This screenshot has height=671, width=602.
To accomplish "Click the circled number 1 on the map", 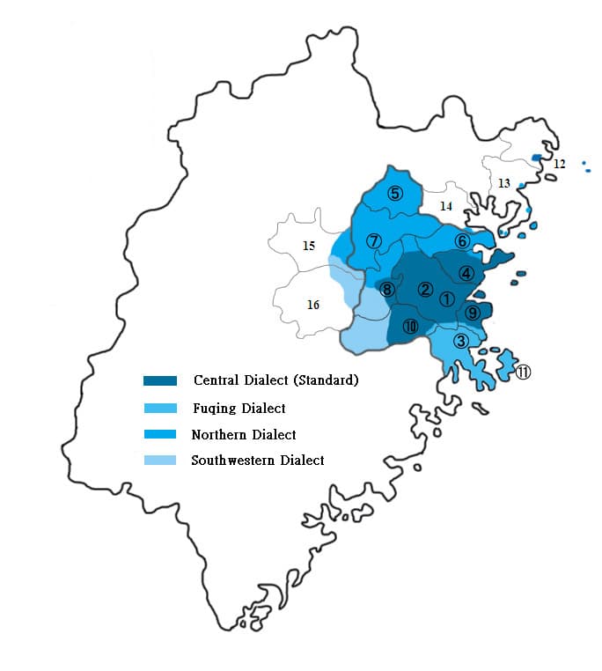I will pos(447,299).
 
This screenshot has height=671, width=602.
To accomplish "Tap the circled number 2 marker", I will pos(425,289).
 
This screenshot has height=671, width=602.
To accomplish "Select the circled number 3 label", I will pos(459,341).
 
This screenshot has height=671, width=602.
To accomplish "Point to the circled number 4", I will pos(466,273).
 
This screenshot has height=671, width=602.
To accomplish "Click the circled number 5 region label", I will pos(395,194).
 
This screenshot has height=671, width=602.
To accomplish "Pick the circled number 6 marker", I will pos(462,241).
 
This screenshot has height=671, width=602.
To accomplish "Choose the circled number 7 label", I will pos(374,240).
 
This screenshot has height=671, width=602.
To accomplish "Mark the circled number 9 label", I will pos(473,313).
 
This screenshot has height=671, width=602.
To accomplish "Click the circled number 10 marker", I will pos(410,327).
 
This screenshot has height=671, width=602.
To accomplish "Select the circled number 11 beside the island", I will pos(523,372).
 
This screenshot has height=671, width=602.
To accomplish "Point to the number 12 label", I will pos(560,164).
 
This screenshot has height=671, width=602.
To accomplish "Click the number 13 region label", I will pos(503,183).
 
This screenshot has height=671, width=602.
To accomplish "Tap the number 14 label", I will pos(446,206).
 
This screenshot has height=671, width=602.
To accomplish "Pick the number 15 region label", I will pos(309,246).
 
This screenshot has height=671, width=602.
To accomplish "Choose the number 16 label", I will pos(312,305).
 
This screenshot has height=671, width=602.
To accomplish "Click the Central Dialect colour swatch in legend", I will pos(160,380).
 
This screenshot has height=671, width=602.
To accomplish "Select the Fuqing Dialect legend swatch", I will pos(160,409).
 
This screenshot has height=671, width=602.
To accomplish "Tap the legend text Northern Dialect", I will pos(243,434).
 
